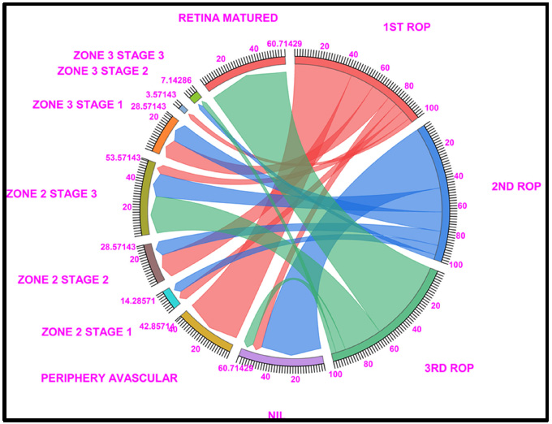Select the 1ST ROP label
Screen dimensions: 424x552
[407, 27]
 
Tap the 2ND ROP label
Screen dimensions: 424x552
[515, 186]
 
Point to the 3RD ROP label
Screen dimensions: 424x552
[449, 368]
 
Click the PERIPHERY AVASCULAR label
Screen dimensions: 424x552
[109, 378]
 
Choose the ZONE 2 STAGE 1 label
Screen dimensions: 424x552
[86, 331]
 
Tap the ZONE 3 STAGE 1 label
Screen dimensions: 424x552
[77, 104]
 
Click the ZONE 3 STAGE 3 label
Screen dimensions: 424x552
[119, 55]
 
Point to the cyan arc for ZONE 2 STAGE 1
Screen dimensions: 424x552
[171, 298]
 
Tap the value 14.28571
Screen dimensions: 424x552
[138, 301]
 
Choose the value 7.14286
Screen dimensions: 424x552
[176, 81]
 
